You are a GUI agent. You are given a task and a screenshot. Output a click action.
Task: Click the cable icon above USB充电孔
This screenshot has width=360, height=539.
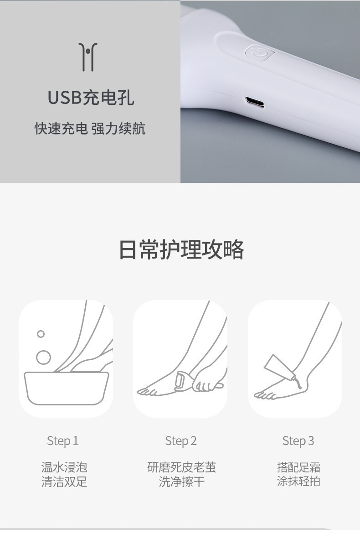pyautogui.click(x=88, y=57)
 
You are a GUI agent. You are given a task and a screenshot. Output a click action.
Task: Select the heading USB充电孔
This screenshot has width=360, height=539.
pyautogui.click(x=91, y=98)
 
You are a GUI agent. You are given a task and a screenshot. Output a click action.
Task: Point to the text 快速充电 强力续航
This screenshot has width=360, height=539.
pyautogui.click(x=90, y=129)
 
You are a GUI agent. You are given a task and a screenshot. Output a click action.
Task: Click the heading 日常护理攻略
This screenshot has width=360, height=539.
pyautogui.click(x=181, y=249)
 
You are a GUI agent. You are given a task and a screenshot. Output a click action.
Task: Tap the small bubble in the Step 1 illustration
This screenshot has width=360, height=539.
pyautogui.click(x=41, y=334)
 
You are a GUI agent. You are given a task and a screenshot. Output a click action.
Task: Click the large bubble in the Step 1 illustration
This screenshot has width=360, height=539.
pyautogui.click(x=43, y=357)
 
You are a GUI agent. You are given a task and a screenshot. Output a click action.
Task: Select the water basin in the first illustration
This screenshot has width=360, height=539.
pyautogui.click(x=66, y=388)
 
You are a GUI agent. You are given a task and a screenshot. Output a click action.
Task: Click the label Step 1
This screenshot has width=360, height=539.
pyautogui.click(x=62, y=441)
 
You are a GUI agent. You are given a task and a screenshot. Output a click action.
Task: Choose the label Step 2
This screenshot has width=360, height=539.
pyautogui.click(x=180, y=441)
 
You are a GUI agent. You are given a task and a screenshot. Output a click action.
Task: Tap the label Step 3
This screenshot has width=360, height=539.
pyautogui.click(x=298, y=441)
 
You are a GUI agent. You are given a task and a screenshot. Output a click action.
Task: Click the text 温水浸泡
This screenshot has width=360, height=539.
pyautogui.click(x=64, y=467)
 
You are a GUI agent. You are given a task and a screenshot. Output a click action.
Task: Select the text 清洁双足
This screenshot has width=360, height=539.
pyautogui.click(x=64, y=482)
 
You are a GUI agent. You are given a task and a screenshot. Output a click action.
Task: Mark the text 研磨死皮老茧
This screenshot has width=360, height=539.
pyautogui.click(x=181, y=467)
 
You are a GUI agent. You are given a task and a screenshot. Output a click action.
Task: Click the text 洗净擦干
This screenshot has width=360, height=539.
pyautogui.click(x=181, y=482)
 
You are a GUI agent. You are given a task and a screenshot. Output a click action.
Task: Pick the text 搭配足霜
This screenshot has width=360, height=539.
pyautogui.click(x=298, y=467)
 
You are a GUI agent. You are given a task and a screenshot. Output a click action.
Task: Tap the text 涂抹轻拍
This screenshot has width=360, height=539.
pyautogui.click(x=298, y=482)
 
